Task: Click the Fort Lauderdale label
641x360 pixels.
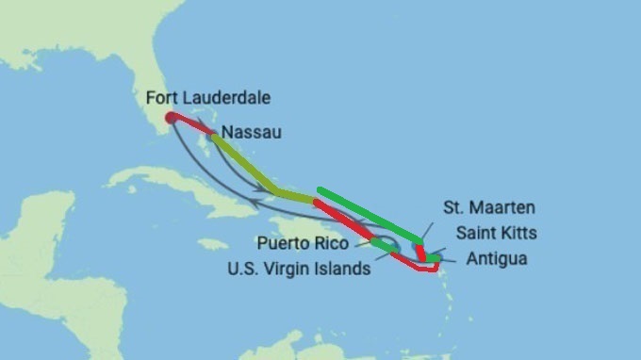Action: tap(208, 98)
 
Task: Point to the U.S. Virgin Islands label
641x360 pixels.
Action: tap(299, 268)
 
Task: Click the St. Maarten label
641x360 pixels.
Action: tap(490, 206)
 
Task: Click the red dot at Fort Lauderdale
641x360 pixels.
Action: tap(170, 118)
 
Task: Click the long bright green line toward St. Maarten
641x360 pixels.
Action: tap(368, 212)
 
